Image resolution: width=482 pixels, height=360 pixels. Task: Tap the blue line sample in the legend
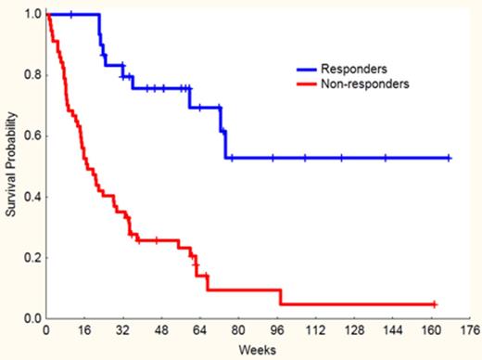point(300,69)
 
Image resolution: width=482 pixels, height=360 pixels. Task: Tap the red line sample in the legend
point(300,84)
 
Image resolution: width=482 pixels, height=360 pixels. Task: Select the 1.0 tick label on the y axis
point(32,15)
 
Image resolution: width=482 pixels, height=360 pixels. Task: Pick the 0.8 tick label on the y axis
point(32,76)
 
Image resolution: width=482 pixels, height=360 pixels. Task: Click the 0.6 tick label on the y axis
point(32,136)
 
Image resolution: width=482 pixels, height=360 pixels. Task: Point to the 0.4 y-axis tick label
point(32,198)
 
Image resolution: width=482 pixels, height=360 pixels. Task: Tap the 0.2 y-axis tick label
point(32,258)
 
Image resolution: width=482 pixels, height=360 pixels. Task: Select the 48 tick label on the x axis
point(161,329)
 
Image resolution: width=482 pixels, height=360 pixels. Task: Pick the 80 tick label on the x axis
point(239,329)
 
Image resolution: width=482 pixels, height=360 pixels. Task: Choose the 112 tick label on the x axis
point(316,329)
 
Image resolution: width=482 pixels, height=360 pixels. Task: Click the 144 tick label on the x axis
point(393,329)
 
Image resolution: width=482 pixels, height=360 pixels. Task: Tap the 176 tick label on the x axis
point(470,329)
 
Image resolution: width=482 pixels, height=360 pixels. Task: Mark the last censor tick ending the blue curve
point(450,158)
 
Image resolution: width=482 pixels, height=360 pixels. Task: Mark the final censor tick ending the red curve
point(434,304)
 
